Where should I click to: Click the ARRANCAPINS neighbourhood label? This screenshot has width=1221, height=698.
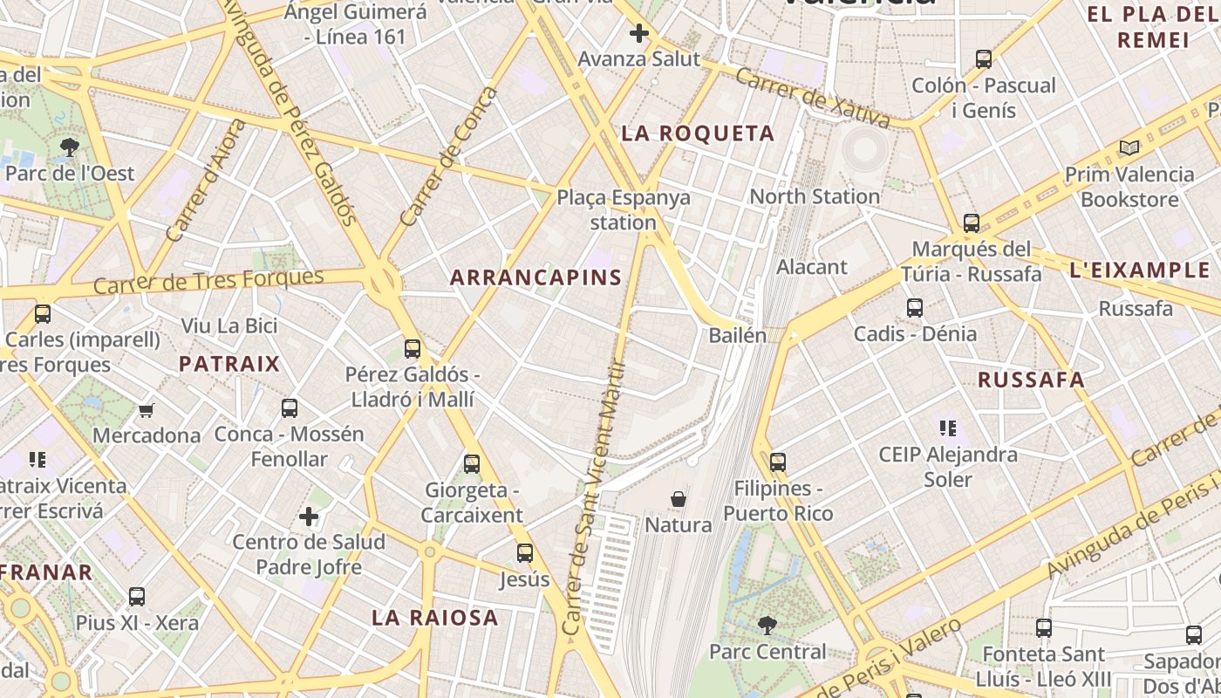coord(535,278)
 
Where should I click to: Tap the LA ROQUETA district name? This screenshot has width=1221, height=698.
coord(697,133)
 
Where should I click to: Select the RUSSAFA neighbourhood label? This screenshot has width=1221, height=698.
coord(1031,380)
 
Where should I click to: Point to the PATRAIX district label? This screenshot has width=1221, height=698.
coord(229,364)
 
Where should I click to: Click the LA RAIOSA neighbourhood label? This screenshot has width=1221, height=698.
coord(435,618)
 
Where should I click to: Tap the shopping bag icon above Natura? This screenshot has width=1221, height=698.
coord(678,500)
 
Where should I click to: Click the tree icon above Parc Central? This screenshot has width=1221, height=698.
coord(767,625)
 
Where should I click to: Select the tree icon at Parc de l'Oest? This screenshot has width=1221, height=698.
coord(70,147)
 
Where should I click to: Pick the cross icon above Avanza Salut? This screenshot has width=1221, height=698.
coord(639,34)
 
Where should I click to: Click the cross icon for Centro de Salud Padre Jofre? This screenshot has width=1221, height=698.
coord(308,517)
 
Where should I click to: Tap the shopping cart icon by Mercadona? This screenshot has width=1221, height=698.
coord(146,410)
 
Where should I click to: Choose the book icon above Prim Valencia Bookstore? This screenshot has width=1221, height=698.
coord(1129,148)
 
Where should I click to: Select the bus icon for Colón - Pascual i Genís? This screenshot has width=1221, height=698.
coord(984,59)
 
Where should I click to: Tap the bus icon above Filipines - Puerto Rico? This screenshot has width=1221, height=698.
coord(778,462)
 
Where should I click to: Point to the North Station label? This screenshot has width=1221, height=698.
coord(815,196)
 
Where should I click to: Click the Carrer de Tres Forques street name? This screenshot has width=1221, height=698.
coord(208,282)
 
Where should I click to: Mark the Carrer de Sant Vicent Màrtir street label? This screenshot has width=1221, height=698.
coord(595,497)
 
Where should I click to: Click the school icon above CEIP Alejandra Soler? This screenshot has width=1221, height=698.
coord(948,428)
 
